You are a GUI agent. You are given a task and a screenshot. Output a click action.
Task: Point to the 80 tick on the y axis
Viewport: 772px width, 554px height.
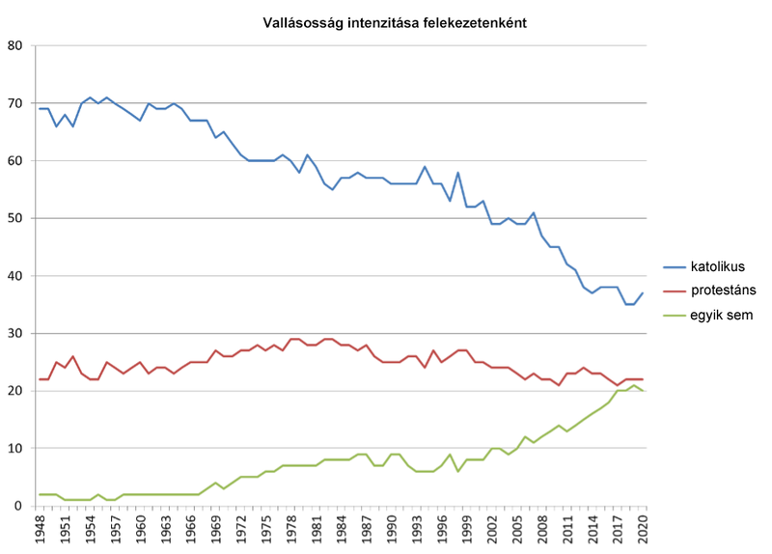pyautogui.click(x=15, y=45)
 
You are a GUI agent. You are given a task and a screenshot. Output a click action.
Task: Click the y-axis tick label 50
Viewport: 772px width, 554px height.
pyautogui.click(x=15, y=218)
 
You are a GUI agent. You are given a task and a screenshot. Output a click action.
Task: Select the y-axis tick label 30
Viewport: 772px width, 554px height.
pyautogui.click(x=15, y=333)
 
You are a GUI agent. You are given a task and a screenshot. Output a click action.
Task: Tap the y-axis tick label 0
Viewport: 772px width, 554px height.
pyautogui.click(x=19, y=506)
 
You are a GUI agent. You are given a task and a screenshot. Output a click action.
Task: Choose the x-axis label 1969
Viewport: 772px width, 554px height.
pyautogui.click(x=215, y=529)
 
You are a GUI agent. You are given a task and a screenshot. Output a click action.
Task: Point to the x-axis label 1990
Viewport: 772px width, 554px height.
pyautogui.click(x=392, y=529)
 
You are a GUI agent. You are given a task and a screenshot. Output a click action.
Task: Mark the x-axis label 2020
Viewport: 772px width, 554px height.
pyautogui.click(x=643, y=529)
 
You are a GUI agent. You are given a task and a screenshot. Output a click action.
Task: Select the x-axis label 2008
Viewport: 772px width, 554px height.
pyautogui.click(x=542, y=529)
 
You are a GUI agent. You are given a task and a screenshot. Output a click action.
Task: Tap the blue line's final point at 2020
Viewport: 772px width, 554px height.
pyautogui.click(x=643, y=293)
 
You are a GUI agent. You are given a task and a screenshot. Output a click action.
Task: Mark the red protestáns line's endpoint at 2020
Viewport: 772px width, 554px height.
pyautogui.click(x=643, y=379)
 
